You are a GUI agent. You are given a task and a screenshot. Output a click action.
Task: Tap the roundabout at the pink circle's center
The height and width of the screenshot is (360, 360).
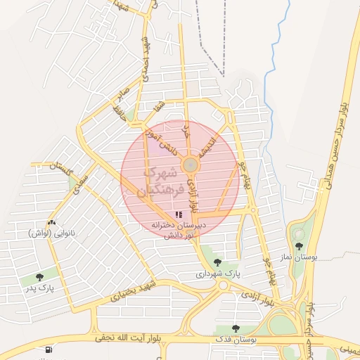[x=190, y=165]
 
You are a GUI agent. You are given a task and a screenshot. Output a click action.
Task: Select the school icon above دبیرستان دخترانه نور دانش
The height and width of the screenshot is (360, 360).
[x=179, y=214]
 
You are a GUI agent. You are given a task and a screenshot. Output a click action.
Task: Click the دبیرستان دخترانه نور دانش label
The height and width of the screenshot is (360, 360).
[x=178, y=231]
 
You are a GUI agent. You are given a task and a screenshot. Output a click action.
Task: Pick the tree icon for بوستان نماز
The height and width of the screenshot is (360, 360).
[x=300, y=246]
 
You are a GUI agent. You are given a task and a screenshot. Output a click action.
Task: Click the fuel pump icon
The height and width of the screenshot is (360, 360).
[x=48, y=349]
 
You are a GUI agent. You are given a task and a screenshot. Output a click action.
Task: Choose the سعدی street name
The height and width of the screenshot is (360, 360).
[x=83, y=179]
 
